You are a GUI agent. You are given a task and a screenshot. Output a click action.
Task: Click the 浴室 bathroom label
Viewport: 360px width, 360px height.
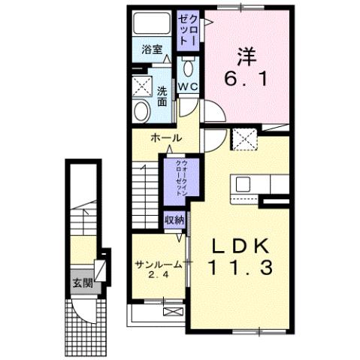pyautogui.click(x=153, y=50)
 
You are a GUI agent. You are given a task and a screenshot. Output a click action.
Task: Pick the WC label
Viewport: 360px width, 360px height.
pyautogui.click(x=187, y=87)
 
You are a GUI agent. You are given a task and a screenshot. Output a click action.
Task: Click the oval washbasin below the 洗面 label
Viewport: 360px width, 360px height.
pyautogui.click(x=141, y=111)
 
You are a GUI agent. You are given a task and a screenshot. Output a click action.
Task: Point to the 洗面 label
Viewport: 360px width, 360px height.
pyautogui.click(x=162, y=95)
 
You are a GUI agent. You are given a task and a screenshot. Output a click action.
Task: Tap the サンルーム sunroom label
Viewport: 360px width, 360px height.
pyautogui.click(x=156, y=265)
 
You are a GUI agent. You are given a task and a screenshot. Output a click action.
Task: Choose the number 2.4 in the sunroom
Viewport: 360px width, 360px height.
pyautogui.click(x=156, y=276)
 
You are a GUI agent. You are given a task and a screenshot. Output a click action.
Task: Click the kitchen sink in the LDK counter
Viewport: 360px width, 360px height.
pyautogui.click(x=244, y=184)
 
